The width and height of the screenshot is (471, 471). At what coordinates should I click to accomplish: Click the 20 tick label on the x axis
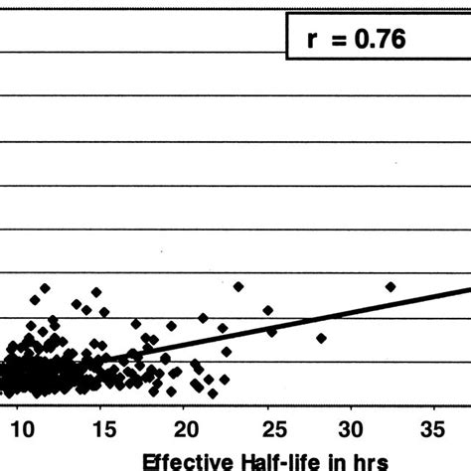185,429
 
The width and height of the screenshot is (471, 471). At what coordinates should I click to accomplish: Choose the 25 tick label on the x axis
267,429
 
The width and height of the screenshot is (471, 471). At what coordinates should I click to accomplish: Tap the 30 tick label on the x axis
350,429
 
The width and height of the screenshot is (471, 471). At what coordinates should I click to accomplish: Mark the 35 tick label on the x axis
432,429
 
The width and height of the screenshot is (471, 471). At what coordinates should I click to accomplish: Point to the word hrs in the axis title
364,460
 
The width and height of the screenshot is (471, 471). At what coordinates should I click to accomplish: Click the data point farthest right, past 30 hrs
391,286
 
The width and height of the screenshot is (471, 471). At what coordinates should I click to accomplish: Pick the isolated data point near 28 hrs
321,338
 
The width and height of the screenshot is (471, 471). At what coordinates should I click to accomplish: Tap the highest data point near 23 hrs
238,286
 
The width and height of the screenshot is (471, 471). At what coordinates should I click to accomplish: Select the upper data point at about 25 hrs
266,309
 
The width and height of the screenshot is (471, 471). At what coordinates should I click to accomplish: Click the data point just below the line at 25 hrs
271,332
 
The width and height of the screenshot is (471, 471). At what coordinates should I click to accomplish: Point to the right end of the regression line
467,290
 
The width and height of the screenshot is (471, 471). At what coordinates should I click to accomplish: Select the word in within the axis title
325,460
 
